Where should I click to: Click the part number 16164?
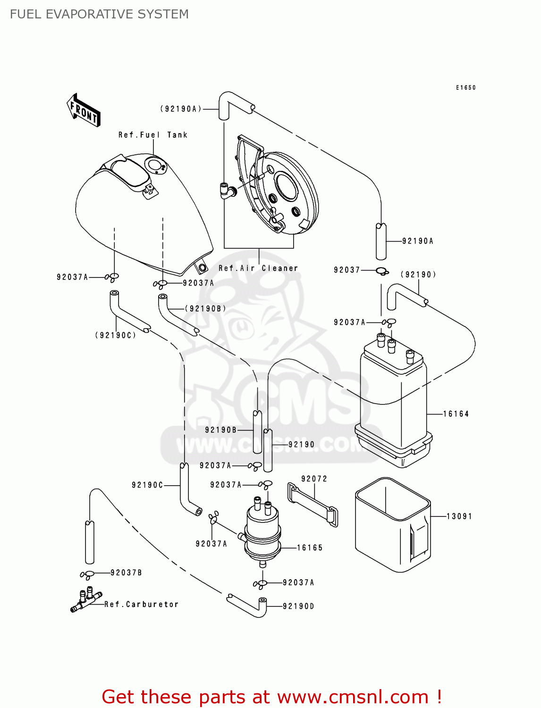point(456,414)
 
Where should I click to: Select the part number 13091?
point(459,516)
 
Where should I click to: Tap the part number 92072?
point(314,479)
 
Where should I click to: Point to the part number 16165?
point(310,548)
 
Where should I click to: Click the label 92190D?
point(298,606)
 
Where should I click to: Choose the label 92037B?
point(126,573)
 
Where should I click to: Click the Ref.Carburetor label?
point(142,604)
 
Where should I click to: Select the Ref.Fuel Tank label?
point(153,135)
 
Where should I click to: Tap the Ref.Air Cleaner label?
point(258,268)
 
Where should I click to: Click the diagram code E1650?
point(465,88)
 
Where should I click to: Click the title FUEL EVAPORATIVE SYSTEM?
point(99,14)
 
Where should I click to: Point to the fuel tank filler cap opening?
point(154,165)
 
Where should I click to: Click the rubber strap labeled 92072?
point(313,504)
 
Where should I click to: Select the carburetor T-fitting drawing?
point(86,600)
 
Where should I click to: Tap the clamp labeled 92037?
point(382,271)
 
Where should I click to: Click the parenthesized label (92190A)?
point(181,109)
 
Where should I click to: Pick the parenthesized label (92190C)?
point(116,335)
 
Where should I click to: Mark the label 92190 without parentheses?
point(301,444)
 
